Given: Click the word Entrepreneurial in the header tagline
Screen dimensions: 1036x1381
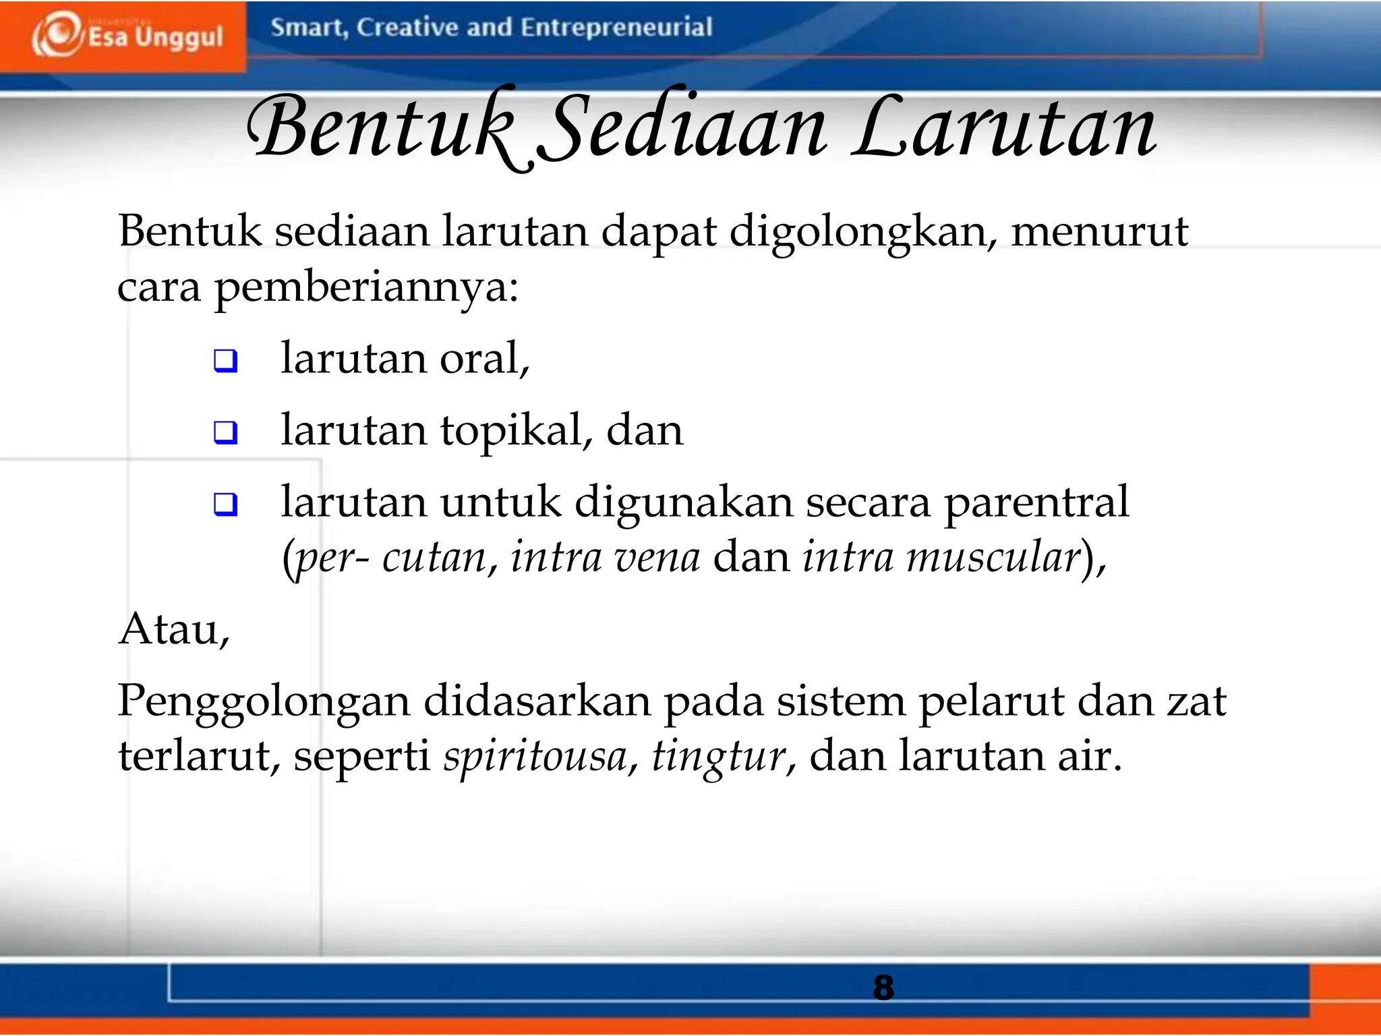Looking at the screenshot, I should (616, 28).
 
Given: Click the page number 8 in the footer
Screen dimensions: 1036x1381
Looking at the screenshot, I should (883, 987).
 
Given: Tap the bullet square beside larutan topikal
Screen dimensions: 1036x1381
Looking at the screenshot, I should (226, 432).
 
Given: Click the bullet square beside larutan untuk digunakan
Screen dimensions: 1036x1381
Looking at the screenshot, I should (226, 504).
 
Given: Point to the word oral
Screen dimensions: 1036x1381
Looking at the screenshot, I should (483, 358).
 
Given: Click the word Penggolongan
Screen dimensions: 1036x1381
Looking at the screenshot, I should (263, 702).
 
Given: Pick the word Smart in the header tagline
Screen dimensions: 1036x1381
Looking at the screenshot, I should (308, 28).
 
